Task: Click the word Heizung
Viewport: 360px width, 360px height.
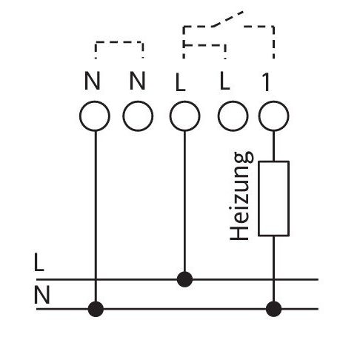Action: tap(241, 196)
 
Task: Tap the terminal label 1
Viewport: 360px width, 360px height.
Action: tap(266, 82)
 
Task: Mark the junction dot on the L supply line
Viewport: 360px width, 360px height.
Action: tap(184, 279)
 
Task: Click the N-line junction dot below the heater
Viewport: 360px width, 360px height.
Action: tap(273, 309)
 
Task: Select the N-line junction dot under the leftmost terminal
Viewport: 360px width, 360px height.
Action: tap(96, 309)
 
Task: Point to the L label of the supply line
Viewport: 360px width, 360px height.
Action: tap(39, 262)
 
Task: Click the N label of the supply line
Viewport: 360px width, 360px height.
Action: tap(42, 295)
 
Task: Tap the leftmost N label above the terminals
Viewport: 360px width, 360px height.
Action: tap(93, 81)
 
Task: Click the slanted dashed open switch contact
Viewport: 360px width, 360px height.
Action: tap(227, 19)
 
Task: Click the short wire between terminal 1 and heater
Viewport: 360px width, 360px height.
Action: tap(273, 146)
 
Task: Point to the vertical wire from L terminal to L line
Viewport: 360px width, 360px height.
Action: tap(184, 201)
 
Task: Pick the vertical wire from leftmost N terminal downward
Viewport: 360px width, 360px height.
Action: tap(96, 216)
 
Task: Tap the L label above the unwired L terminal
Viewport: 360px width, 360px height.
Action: tap(224, 81)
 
